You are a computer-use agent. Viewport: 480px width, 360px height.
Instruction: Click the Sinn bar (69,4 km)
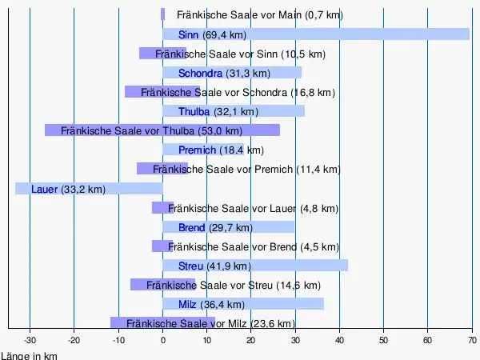[x=360, y=34]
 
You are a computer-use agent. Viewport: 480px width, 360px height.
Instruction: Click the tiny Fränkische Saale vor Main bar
[x=162, y=14]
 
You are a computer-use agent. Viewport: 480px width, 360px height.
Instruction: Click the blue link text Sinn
[x=189, y=34]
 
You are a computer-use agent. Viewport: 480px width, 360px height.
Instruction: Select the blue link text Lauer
[x=44, y=189]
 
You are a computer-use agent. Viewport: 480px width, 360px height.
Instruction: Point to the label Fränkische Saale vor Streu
[x=233, y=285]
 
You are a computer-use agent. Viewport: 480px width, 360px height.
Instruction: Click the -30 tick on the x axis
[x=30, y=340]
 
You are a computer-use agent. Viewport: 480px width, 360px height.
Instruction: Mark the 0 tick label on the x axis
[x=162, y=340]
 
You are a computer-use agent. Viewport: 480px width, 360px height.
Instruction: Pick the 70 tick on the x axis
[x=471, y=340]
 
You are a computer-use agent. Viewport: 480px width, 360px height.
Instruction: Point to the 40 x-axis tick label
[x=339, y=340]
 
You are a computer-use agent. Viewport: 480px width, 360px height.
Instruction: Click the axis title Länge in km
[x=29, y=355]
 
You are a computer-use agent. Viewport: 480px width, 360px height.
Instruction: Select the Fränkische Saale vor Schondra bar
[x=162, y=92]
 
